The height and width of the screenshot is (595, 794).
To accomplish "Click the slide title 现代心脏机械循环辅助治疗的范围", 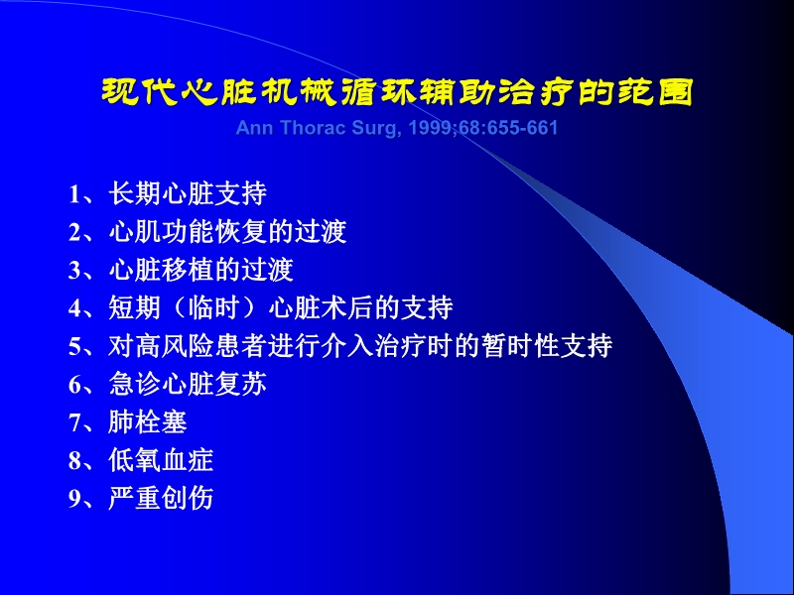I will pyautogui.click(x=397, y=93).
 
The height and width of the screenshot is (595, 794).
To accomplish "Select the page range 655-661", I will pyautogui.click(x=523, y=129).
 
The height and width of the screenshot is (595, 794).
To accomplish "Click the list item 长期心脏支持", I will pyautogui.click(x=188, y=192).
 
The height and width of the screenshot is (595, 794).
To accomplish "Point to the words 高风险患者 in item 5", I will pyautogui.click(x=199, y=347).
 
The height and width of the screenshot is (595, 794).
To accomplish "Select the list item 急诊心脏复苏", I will pyautogui.click(x=188, y=385).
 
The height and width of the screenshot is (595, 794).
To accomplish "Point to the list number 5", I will pyautogui.click(x=74, y=348).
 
